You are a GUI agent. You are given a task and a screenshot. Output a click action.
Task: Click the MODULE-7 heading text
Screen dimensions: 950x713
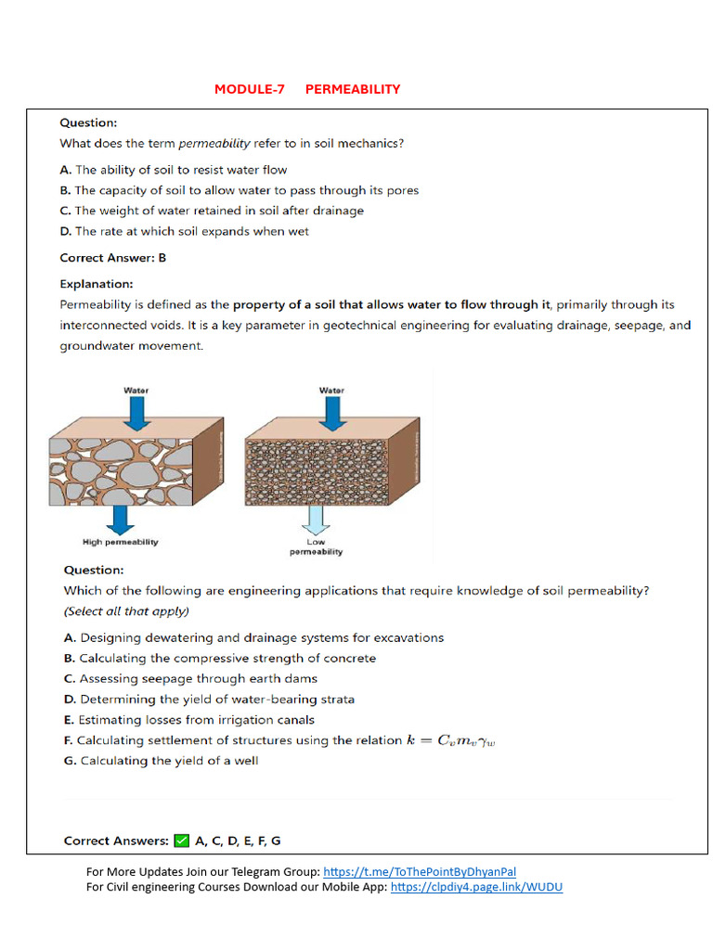(x=249, y=89)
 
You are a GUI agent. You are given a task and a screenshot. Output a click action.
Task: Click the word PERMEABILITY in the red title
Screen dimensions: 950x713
(x=352, y=89)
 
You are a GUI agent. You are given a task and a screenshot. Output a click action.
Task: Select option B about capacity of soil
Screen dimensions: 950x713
(x=239, y=190)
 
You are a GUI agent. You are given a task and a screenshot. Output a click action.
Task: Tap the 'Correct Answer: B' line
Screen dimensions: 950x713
(x=112, y=258)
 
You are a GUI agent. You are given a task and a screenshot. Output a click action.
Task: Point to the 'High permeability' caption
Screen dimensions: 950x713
(x=121, y=541)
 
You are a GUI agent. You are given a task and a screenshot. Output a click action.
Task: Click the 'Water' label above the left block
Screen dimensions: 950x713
(x=136, y=391)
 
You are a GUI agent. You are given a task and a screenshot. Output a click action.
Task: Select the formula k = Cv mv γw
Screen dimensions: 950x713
(x=458, y=740)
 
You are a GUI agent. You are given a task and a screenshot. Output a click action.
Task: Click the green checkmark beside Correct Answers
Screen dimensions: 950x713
(x=181, y=841)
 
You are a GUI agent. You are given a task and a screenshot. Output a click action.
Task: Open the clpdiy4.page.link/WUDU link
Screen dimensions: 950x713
(x=476, y=887)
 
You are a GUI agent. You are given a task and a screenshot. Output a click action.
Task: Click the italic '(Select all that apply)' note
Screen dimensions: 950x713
(x=126, y=611)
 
